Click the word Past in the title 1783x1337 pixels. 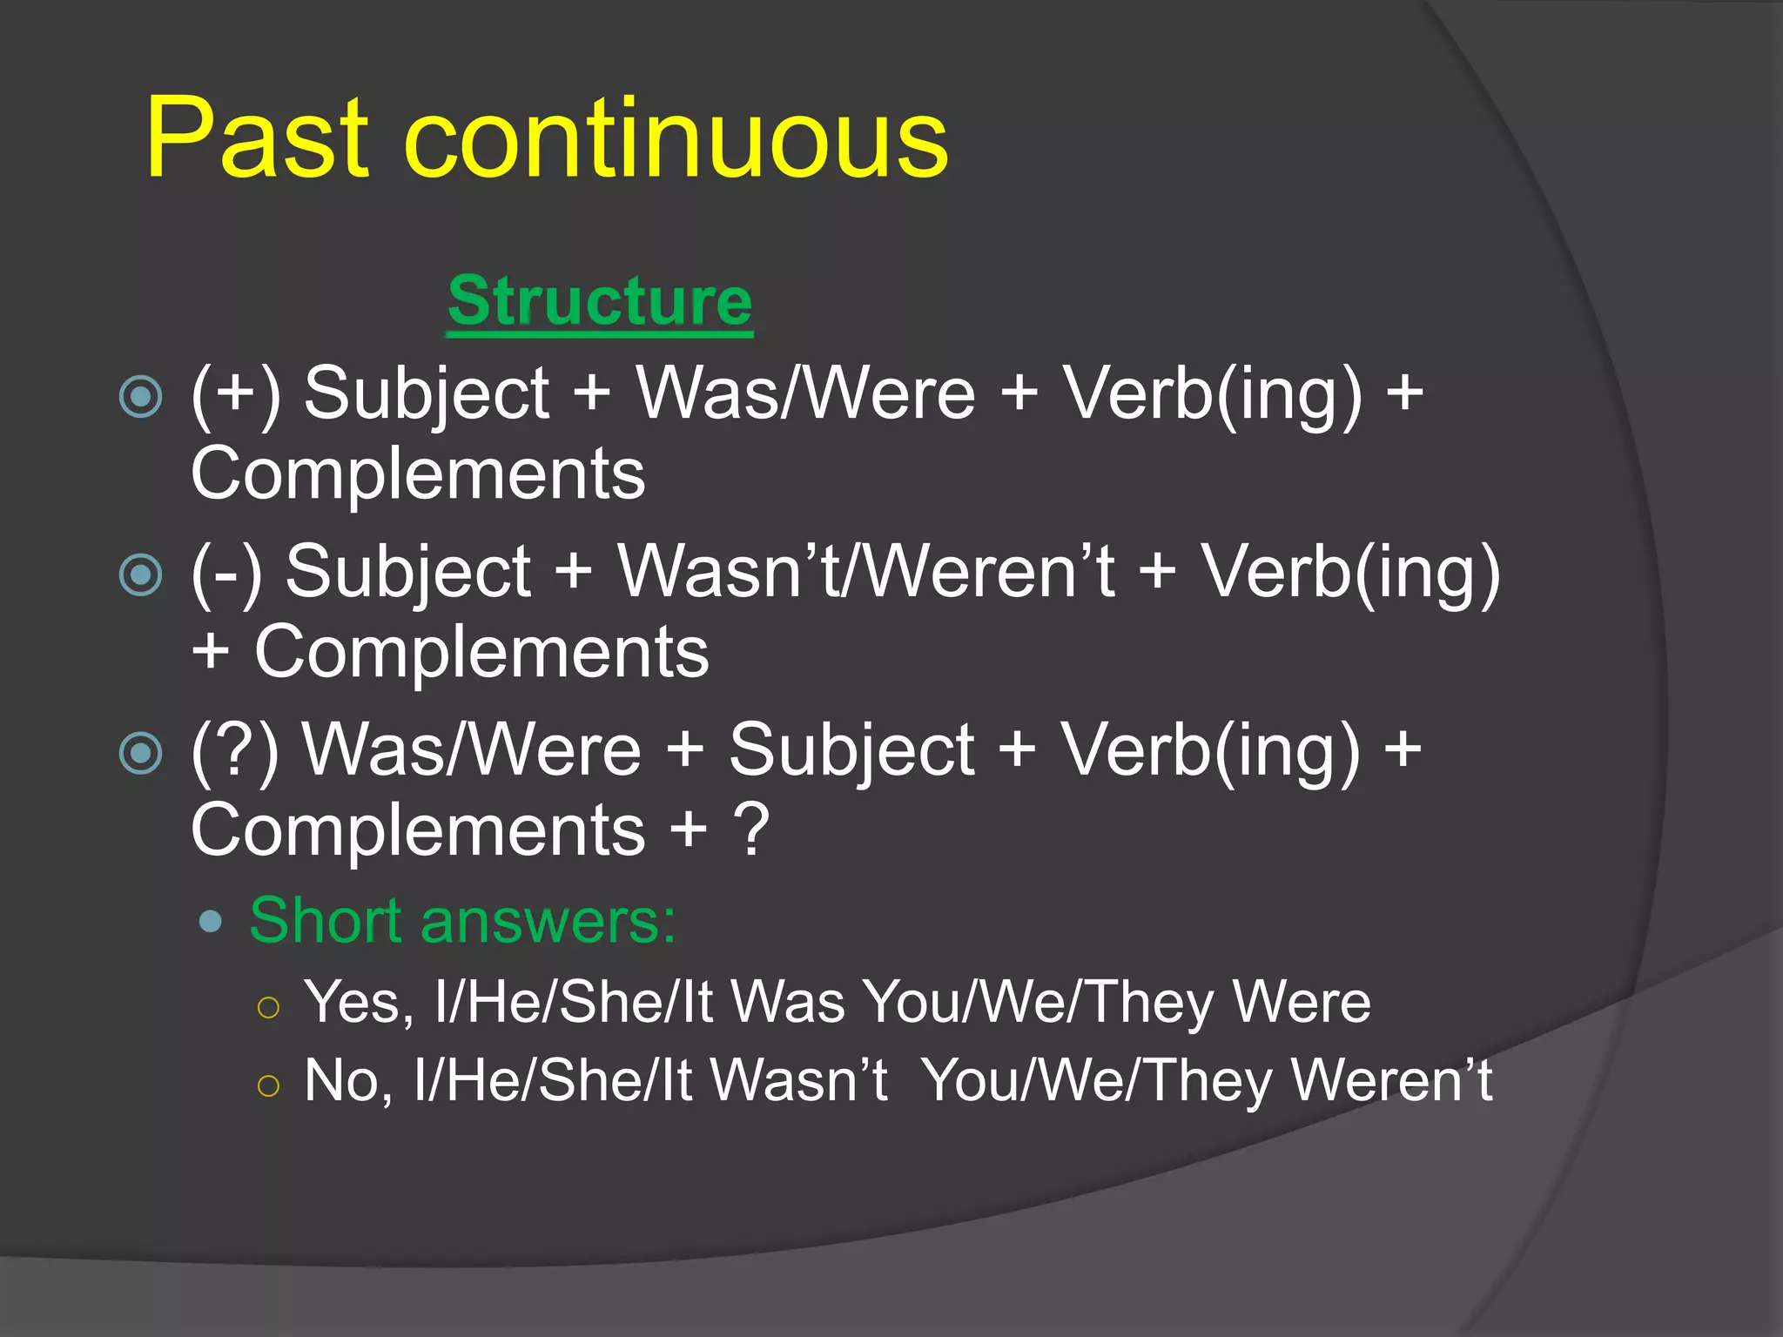point(258,139)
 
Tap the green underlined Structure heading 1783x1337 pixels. point(599,301)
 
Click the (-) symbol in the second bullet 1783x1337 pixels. point(226,573)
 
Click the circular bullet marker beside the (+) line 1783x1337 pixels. point(141,397)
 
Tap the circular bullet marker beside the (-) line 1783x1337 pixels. point(141,574)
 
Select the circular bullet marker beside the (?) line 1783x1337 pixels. point(141,753)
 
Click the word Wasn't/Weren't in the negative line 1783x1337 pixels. point(865,572)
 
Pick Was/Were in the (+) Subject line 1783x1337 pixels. point(805,393)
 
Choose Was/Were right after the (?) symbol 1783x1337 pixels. point(471,749)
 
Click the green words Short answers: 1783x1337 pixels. point(462,920)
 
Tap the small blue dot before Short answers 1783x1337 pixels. point(210,921)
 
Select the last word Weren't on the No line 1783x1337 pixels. point(1391,1081)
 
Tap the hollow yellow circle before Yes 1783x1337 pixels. point(268,1007)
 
